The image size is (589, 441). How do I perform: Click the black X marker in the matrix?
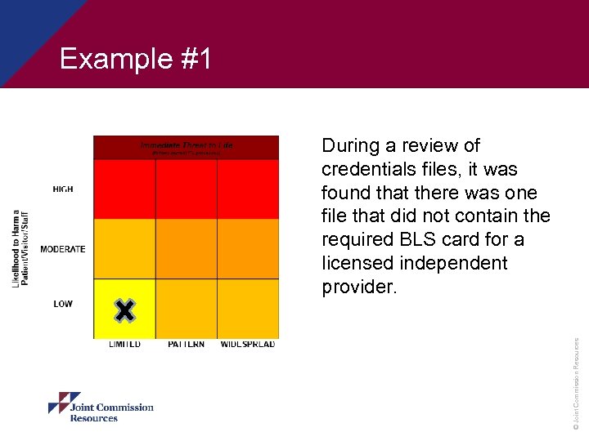pos(124,310)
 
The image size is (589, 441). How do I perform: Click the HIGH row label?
pos(63,189)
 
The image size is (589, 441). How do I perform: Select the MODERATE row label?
pos(62,249)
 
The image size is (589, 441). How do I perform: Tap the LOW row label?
pos(63,304)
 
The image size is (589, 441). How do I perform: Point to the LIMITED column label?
pos(124,345)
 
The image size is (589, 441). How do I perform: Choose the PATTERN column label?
pos(186,345)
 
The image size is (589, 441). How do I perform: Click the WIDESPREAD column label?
pos(248,345)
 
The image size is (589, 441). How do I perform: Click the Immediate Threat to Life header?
pos(186,146)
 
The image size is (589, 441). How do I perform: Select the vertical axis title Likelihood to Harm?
pos(20,247)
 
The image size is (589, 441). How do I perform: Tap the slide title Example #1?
pos(136,59)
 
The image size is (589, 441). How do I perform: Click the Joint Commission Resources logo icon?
pos(64,403)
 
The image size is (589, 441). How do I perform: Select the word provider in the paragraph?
pos(358,287)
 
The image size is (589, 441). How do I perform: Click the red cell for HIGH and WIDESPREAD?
pos(248,189)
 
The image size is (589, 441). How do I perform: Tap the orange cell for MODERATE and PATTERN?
pos(186,249)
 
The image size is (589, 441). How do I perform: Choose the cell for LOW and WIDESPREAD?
pos(248,309)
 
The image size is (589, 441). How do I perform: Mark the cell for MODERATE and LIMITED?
pos(124,249)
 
